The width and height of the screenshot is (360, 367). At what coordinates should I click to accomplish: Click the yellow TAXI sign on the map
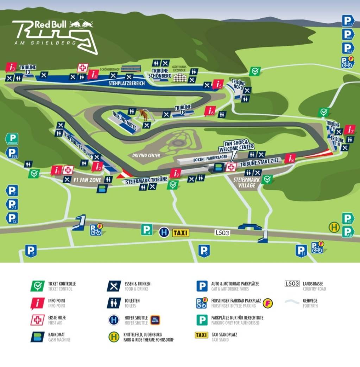[x=181, y=233]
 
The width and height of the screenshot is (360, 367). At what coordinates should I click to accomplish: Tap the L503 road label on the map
[x=222, y=232]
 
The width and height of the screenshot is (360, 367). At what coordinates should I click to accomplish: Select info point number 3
[x=11, y=67]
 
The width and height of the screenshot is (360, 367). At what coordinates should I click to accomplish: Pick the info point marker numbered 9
[x=175, y=173]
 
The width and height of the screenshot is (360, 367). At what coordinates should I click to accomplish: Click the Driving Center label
[x=146, y=155]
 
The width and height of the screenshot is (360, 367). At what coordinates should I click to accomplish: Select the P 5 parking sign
[x=31, y=251]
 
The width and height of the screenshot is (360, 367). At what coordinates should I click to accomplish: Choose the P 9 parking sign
[x=204, y=251]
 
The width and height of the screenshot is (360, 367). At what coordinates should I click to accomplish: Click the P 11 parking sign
[x=301, y=251]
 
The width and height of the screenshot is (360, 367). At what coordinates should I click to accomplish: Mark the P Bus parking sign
[x=12, y=153]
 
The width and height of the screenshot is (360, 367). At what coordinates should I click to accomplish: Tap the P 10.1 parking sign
[x=348, y=21]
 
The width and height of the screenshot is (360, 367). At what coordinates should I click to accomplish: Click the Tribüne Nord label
[x=238, y=84]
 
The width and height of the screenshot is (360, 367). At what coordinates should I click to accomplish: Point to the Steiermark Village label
[x=247, y=182]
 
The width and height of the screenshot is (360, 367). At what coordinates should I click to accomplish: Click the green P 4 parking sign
[x=147, y=230]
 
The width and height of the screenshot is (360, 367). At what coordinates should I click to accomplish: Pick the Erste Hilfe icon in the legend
[x=37, y=320]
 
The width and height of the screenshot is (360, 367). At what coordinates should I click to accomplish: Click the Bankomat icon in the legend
[x=37, y=337]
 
